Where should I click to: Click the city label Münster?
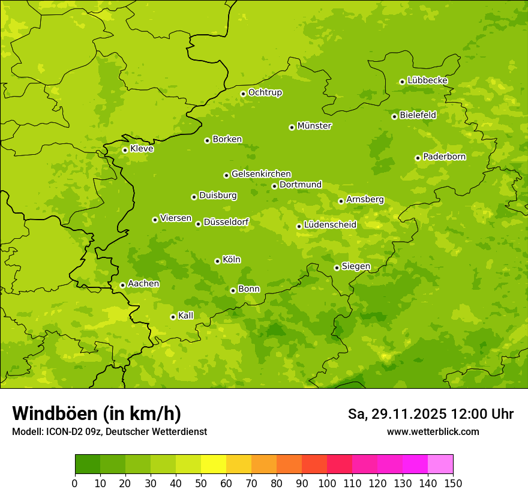click(x=314, y=126)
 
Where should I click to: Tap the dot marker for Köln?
click(x=217, y=261)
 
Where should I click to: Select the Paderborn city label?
click(x=444, y=157)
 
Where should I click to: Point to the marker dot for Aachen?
click(x=122, y=285)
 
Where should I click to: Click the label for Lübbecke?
click(x=427, y=80)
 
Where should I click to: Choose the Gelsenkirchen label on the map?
click(x=261, y=174)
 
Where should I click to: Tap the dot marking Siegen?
click(x=337, y=268)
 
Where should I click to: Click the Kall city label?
click(x=185, y=316)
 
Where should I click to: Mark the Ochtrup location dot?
click(x=243, y=94)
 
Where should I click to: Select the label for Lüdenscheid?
click(x=330, y=225)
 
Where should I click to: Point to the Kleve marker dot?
click(x=125, y=150)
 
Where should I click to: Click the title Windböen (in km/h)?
click(x=97, y=413)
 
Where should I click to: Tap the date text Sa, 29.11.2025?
click(x=396, y=414)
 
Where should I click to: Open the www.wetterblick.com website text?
click(x=433, y=431)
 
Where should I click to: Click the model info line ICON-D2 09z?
click(x=109, y=431)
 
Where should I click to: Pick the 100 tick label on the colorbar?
click(x=327, y=483)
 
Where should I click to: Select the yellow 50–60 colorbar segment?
click(x=214, y=464)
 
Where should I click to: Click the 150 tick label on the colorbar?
click(x=453, y=483)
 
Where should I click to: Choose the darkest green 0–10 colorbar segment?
click(x=88, y=464)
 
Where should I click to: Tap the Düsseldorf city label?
click(x=226, y=222)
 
